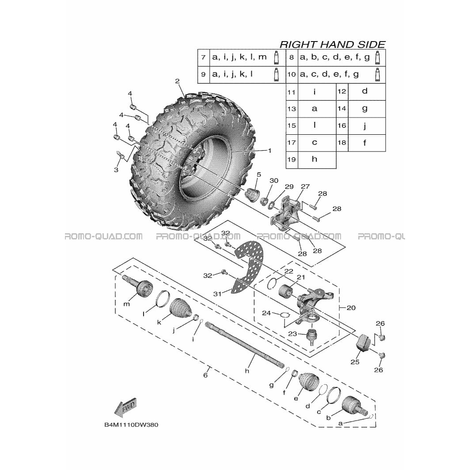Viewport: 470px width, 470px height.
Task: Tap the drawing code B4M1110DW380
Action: tap(131, 425)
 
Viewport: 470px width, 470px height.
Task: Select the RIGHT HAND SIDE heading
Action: tap(332, 44)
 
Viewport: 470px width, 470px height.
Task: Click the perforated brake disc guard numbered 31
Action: tap(248, 267)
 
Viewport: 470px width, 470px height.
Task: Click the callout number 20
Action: tap(351, 307)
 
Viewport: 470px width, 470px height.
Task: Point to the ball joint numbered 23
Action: tap(312, 336)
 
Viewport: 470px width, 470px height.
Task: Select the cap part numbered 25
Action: tap(363, 342)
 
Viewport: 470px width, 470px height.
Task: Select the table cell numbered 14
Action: tap(342, 109)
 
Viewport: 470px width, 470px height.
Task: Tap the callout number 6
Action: tap(205, 375)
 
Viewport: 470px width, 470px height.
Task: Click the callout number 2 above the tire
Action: tap(177, 81)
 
